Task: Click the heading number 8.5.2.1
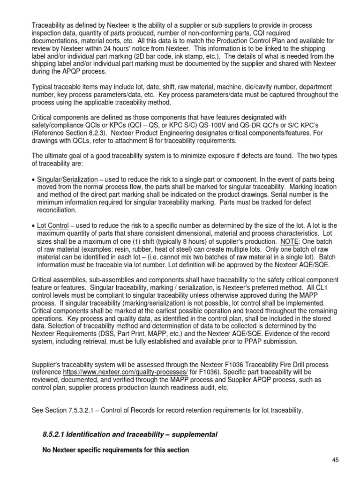point(56,435)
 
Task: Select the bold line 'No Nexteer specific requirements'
point(115,450)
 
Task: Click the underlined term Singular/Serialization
point(67,180)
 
